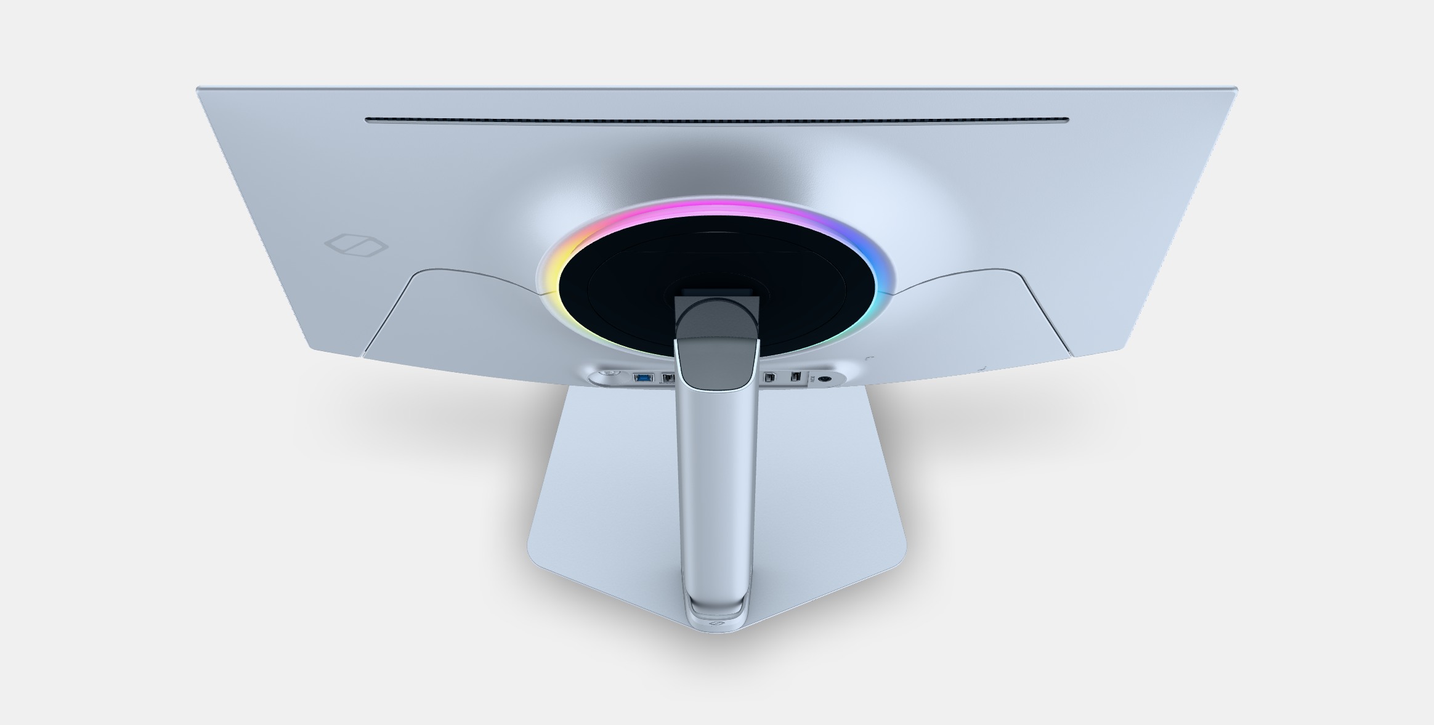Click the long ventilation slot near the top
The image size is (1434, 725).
pos(717,121)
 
